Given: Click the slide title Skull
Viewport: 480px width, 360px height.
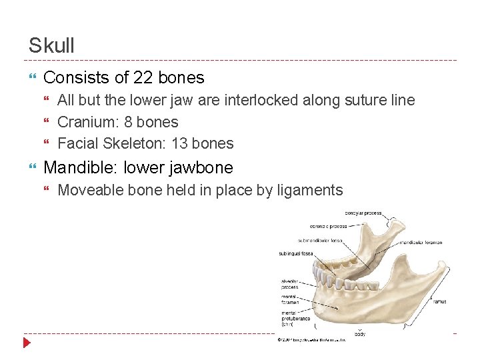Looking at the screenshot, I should point(51,45).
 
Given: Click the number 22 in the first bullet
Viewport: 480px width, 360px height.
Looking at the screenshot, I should point(143,77).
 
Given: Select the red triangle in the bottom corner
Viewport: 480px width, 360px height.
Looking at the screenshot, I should point(27,343).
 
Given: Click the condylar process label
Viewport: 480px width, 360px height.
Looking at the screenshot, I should point(363,213).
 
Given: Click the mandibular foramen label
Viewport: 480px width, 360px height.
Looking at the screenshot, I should point(421,243).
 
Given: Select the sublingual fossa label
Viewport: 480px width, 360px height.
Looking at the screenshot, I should point(295,253).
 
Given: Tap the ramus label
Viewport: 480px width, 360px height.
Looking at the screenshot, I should point(439,301).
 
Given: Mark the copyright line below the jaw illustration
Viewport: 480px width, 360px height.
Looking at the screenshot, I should point(311,340).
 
